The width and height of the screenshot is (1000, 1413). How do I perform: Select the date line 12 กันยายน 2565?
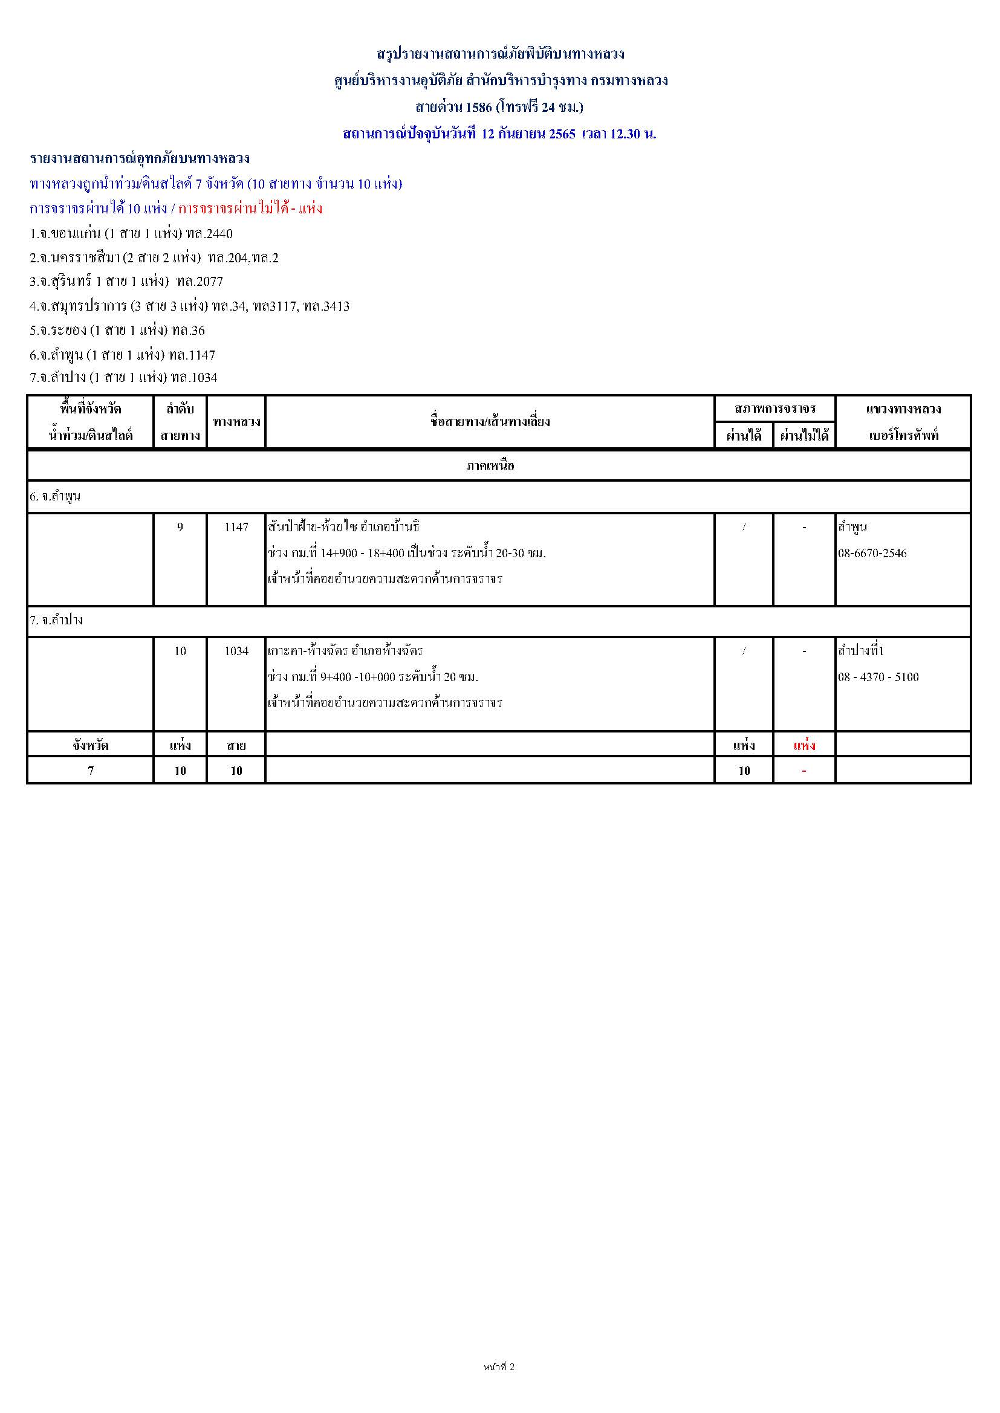tap(528, 134)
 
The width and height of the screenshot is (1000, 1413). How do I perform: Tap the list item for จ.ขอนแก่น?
tap(131, 234)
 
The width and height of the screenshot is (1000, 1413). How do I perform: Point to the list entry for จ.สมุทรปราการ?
tap(189, 306)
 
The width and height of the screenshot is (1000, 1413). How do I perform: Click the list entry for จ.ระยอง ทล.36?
tap(117, 331)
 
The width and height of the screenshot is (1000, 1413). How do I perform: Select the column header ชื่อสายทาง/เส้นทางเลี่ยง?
tap(490, 422)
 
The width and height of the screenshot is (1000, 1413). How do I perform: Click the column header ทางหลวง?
tap(236, 422)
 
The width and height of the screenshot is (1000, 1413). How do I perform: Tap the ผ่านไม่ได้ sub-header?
tap(804, 436)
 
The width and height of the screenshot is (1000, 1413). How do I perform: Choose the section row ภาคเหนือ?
tap(490, 466)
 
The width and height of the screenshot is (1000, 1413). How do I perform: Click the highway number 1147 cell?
tap(236, 528)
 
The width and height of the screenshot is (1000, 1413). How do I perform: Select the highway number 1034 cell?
tap(236, 651)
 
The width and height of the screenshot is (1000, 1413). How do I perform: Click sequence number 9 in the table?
tap(180, 528)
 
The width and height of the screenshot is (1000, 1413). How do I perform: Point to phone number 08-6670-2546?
tap(872, 553)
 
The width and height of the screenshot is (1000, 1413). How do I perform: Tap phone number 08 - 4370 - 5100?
tap(878, 677)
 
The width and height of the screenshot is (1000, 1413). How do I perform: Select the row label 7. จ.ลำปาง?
tap(56, 620)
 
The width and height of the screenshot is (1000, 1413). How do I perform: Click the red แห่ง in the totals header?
tap(804, 746)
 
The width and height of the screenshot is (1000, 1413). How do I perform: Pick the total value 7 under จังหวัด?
tap(91, 771)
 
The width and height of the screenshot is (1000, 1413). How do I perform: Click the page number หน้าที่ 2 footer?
tap(499, 1367)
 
